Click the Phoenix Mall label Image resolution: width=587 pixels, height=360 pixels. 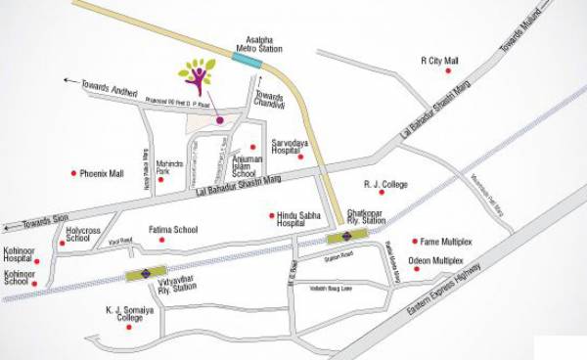point(103,173)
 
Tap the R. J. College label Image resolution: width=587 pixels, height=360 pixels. point(384,183)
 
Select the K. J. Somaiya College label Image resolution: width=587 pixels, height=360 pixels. point(130,314)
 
